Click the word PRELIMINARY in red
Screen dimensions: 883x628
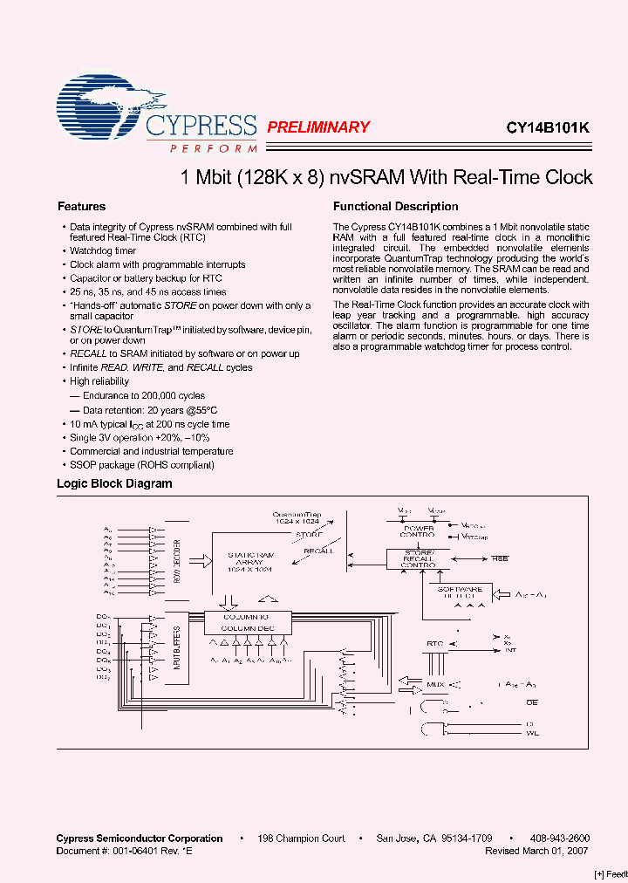[x=317, y=127]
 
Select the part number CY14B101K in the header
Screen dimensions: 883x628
[x=548, y=127]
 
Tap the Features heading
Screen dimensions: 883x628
[x=81, y=207]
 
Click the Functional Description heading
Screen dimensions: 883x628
[x=395, y=207]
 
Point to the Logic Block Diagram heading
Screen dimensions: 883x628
[x=114, y=483]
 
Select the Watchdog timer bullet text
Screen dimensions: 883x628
[x=103, y=251]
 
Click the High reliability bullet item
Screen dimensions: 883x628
[x=99, y=381]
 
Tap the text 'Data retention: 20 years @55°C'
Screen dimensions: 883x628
[x=149, y=409]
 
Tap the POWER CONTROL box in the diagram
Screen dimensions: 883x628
[x=417, y=529]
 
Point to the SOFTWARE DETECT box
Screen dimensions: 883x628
[x=460, y=594]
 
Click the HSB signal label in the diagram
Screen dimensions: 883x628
[x=499, y=558]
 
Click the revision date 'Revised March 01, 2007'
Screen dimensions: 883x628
[x=537, y=850]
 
